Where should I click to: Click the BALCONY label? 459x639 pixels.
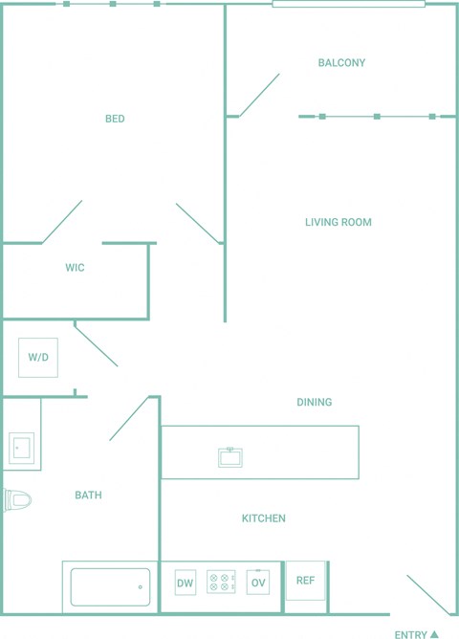[x=341, y=63]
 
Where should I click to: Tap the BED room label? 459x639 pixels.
[x=115, y=119]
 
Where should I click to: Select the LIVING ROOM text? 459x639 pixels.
[x=339, y=222]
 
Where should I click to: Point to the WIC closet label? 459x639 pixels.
[x=75, y=267]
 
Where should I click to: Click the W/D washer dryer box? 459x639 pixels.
[x=38, y=358]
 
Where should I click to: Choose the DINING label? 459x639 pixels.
[x=314, y=402]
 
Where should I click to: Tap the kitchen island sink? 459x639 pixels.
[x=230, y=457]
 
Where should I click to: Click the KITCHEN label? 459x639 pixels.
[x=264, y=518]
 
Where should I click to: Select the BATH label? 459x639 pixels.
[x=88, y=496]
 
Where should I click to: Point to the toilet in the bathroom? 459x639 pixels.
[x=17, y=500]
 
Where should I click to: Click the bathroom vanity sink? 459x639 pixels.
[x=21, y=449]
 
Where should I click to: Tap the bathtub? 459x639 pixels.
[x=110, y=587]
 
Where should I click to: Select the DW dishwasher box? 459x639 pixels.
[x=186, y=583]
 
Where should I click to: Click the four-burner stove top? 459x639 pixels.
[x=221, y=582]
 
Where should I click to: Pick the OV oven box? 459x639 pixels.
[x=258, y=582]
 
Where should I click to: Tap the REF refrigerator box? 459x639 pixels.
[x=305, y=581]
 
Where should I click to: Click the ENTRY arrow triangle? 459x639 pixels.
[x=434, y=634]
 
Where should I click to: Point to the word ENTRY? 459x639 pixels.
[x=410, y=634]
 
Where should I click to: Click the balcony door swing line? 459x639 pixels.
[x=259, y=95]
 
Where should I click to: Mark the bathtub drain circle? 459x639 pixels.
[x=141, y=587]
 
